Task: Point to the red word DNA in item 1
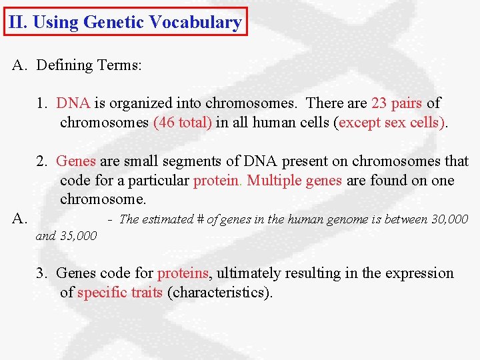(73, 103)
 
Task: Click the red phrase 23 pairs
(397, 103)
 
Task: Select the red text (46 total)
(182, 123)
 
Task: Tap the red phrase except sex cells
(392, 123)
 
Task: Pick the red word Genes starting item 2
(75, 161)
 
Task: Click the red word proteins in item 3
(183, 273)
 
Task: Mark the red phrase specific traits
(120, 293)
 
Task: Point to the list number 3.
(41, 273)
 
